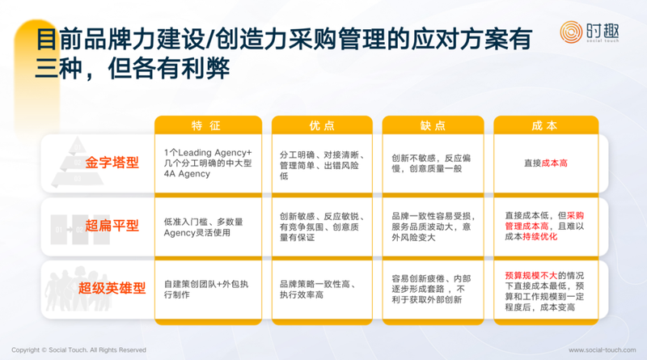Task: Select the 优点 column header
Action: [x=322, y=125]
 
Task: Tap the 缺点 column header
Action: [x=433, y=125]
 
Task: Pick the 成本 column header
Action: [x=545, y=125]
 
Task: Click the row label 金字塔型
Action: [x=112, y=163]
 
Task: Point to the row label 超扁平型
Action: [x=112, y=226]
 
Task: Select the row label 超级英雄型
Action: [x=112, y=288]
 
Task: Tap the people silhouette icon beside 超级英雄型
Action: [x=76, y=289]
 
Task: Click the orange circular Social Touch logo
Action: [x=571, y=32]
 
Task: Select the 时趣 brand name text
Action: [x=603, y=31]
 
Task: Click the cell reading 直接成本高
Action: [x=545, y=163]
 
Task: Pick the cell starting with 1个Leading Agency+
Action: [x=208, y=163]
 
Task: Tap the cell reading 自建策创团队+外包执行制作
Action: [x=206, y=290]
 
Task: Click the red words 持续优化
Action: [x=539, y=236]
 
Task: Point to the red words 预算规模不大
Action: [x=531, y=275]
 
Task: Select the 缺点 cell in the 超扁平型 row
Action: [x=433, y=227]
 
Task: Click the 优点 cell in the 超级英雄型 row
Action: [x=318, y=290]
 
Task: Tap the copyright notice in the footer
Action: [x=78, y=350]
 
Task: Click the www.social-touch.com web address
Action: [x=602, y=350]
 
